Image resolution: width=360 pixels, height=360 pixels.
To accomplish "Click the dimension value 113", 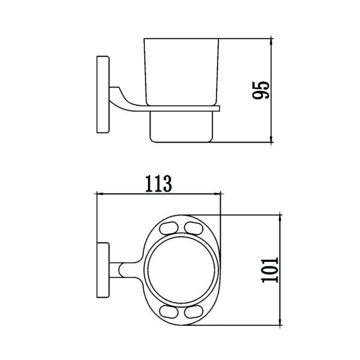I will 158,184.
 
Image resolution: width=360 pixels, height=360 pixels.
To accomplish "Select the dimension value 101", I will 270,270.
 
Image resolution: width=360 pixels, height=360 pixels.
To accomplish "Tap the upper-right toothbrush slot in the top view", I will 194,228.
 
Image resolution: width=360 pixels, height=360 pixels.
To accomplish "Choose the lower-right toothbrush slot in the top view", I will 194,311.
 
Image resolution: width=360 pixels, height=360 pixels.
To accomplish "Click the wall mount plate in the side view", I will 103,94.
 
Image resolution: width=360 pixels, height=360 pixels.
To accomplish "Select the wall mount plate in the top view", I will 103,270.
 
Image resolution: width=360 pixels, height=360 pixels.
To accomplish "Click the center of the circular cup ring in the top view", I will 183,270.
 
